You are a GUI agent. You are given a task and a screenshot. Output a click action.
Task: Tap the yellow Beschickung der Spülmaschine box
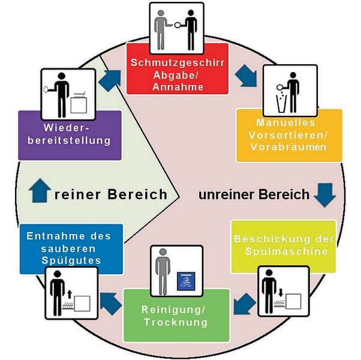[283, 246]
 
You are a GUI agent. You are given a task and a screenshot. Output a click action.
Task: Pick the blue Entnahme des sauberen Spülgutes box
[71, 248]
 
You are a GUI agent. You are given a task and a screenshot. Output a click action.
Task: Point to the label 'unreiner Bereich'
[254, 194]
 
